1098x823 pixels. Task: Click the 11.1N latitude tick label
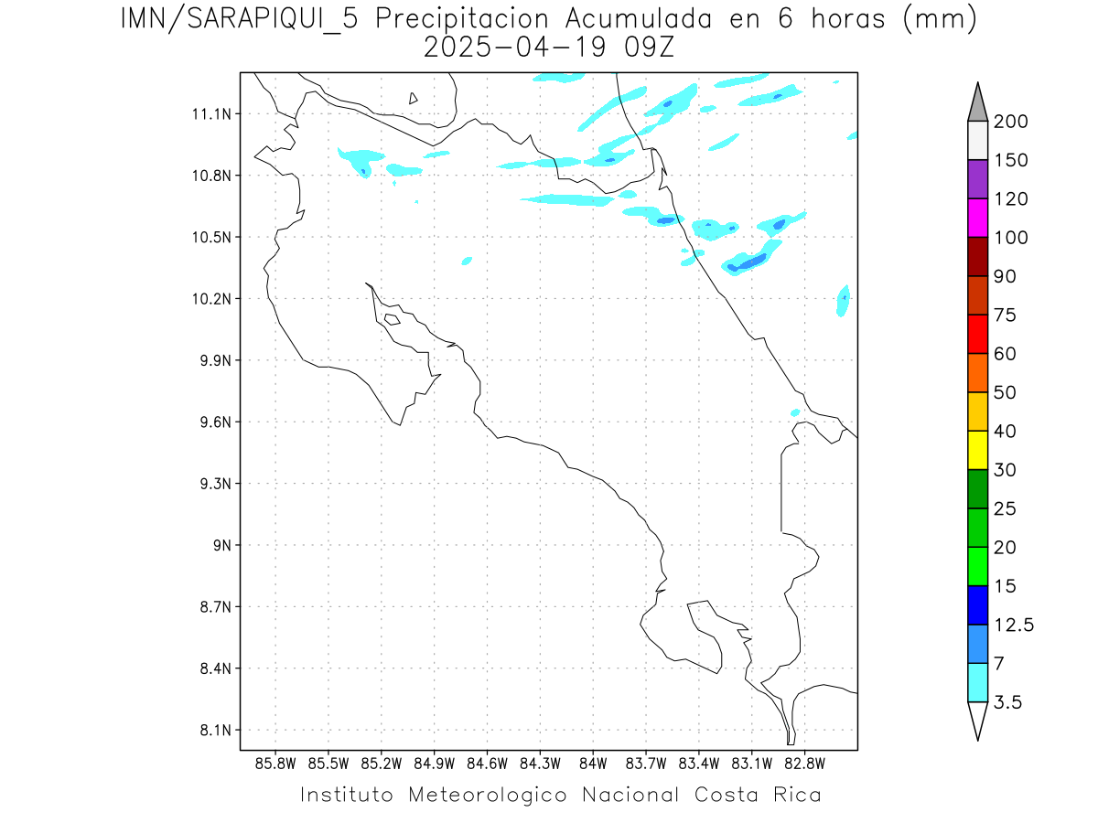click(210, 114)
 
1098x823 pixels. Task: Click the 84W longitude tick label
click(593, 763)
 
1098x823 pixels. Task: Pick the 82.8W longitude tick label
click(804, 763)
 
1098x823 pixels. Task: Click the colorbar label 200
click(1009, 122)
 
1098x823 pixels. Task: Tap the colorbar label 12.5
click(1013, 625)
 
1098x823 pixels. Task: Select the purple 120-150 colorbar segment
click(977, 179)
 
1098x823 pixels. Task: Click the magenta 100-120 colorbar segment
click(977, 218)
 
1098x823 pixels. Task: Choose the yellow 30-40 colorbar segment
click(977, 450)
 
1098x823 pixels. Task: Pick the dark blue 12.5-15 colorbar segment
click(977, 604)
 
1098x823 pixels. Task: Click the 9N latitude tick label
click(218, 546)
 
